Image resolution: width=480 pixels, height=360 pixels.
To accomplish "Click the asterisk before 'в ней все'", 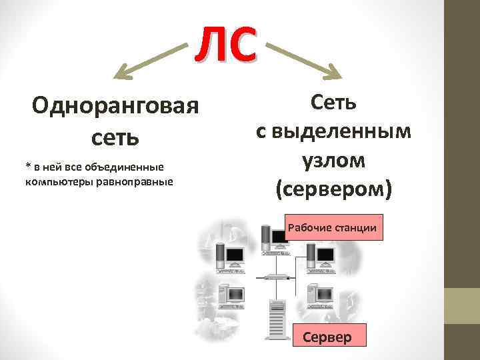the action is (x=28, y=165).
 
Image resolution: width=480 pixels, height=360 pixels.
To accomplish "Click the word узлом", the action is (x=333, y=161).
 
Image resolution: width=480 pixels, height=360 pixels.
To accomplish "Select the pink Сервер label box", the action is (x=327, y=337).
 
